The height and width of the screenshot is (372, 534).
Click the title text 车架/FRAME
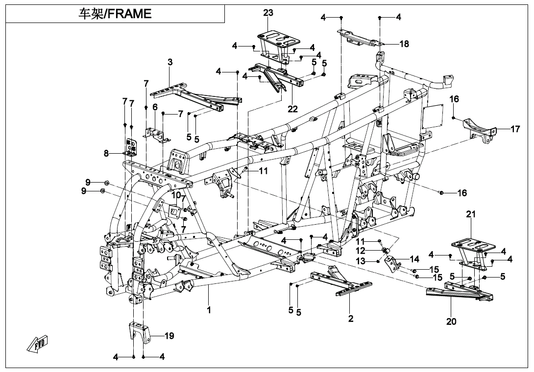tap(115, 14)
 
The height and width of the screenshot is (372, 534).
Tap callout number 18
tap(404, 44)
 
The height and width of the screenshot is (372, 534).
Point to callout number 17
tap(515, 130)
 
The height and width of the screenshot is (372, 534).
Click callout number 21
tap(471, 214)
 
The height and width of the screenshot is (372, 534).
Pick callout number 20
tap(451, 322)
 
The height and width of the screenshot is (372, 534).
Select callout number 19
tap(169, 336)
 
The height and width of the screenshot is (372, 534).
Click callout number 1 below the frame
tap(209, 310)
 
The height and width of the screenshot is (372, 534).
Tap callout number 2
tap(351, 319)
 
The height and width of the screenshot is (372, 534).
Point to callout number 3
tap(170, 62)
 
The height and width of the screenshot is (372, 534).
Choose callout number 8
tap(106, 153)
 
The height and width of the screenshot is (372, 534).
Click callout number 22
tap(292, 109)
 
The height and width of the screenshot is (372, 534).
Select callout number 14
tap(414, 259)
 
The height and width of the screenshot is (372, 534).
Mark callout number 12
tap(360, 251)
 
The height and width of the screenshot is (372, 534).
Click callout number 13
tap(360, 261)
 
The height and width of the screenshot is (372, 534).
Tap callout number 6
tap(155, 107)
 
